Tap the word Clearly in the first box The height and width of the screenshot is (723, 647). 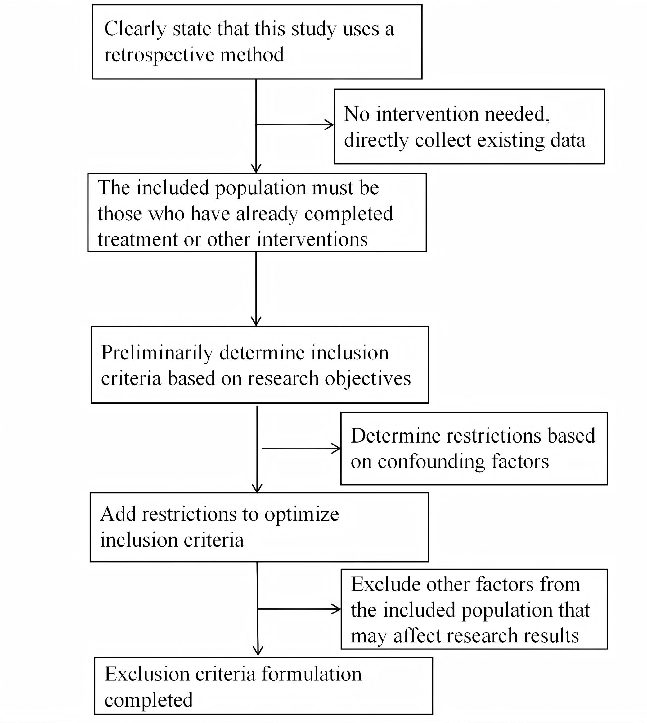[x=135, y=29]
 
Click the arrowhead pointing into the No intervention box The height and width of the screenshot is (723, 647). [x=330, y=125]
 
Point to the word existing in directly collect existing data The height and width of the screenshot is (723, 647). [x=511, y=140]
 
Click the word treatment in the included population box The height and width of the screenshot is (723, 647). [x=137, y=239]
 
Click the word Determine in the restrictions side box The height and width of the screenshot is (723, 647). [x=395, y=436]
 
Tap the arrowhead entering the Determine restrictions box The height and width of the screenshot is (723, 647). [x=337, y=448]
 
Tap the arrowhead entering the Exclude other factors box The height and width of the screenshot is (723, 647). [x=337, y=609]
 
